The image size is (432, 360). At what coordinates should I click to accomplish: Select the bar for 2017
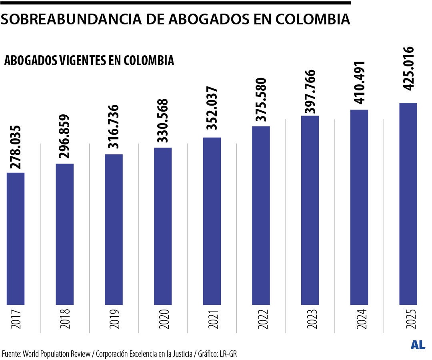(x=16, y=238)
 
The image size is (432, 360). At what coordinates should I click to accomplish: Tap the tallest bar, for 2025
(x=408, y=203)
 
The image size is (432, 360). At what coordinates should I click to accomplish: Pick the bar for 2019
(x=114, y=229)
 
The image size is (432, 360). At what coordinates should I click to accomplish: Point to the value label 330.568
(x=163, y=121)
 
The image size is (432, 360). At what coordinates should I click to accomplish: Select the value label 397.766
(x=310, y=92)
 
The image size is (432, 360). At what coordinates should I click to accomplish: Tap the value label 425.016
(x=408, y=69)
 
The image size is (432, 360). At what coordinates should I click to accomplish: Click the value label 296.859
(x=65, y=137)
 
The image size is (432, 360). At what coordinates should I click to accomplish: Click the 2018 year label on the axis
(x=65, y=318)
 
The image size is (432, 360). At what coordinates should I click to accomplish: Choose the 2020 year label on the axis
(x=163, y=318)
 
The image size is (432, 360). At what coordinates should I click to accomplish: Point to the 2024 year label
(x=359, y=318)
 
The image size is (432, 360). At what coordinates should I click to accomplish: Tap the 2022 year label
(x=261, y=318)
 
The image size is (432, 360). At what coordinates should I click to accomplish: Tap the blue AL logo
(x=418, y=345)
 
